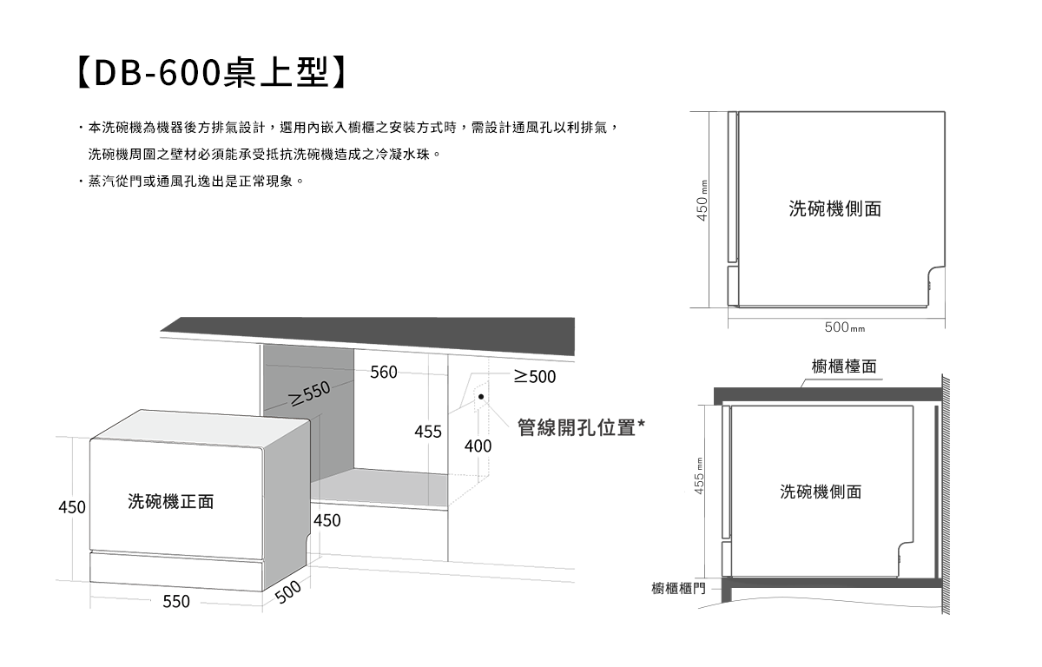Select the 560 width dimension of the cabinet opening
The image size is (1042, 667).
tap(383, 373)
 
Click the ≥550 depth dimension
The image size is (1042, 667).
tap(311, 393)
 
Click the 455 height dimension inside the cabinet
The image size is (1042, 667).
tap(428, 432)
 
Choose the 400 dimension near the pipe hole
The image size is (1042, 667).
tap(478, 446)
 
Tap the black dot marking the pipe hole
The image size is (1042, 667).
tap(480, 396)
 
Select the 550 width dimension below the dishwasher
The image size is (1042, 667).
tap(176, 601)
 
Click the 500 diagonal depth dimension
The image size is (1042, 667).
tap(287, 591)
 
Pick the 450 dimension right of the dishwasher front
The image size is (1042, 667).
tap(327, 521)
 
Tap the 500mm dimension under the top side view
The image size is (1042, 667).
tap(845, 327)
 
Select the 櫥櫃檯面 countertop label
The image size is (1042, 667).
tap(844, 367)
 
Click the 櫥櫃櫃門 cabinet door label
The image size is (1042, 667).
tap(679, 590)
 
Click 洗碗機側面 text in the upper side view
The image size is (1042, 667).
tap(834, 208)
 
